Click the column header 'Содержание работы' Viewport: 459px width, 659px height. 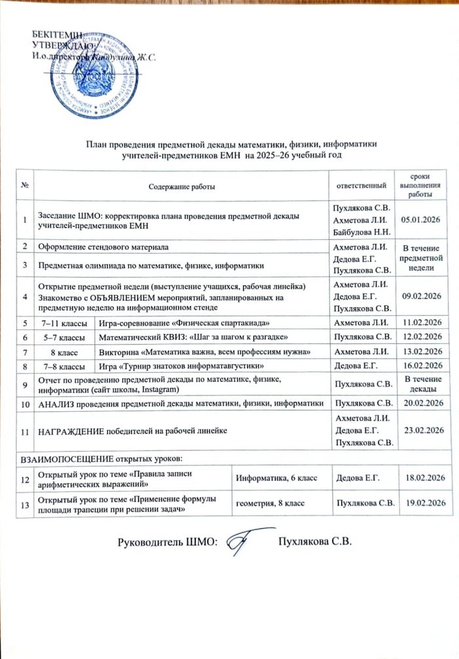181,188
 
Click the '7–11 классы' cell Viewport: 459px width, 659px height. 64,323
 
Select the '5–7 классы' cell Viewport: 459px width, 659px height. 64,337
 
